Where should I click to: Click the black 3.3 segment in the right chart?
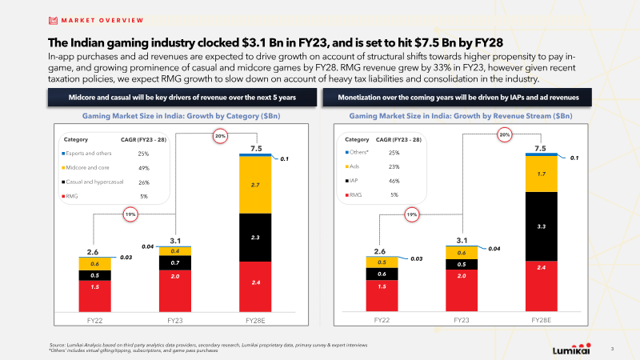point(542,227)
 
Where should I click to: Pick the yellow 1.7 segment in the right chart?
point(542,174)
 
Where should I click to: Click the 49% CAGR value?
point(144,168)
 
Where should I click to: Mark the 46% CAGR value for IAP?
point(394,181)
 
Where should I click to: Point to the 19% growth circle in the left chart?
point(128,214)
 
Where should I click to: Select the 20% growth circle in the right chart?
point(505,135)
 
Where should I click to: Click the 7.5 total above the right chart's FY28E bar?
point(541,149)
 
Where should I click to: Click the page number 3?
point(612,349)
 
